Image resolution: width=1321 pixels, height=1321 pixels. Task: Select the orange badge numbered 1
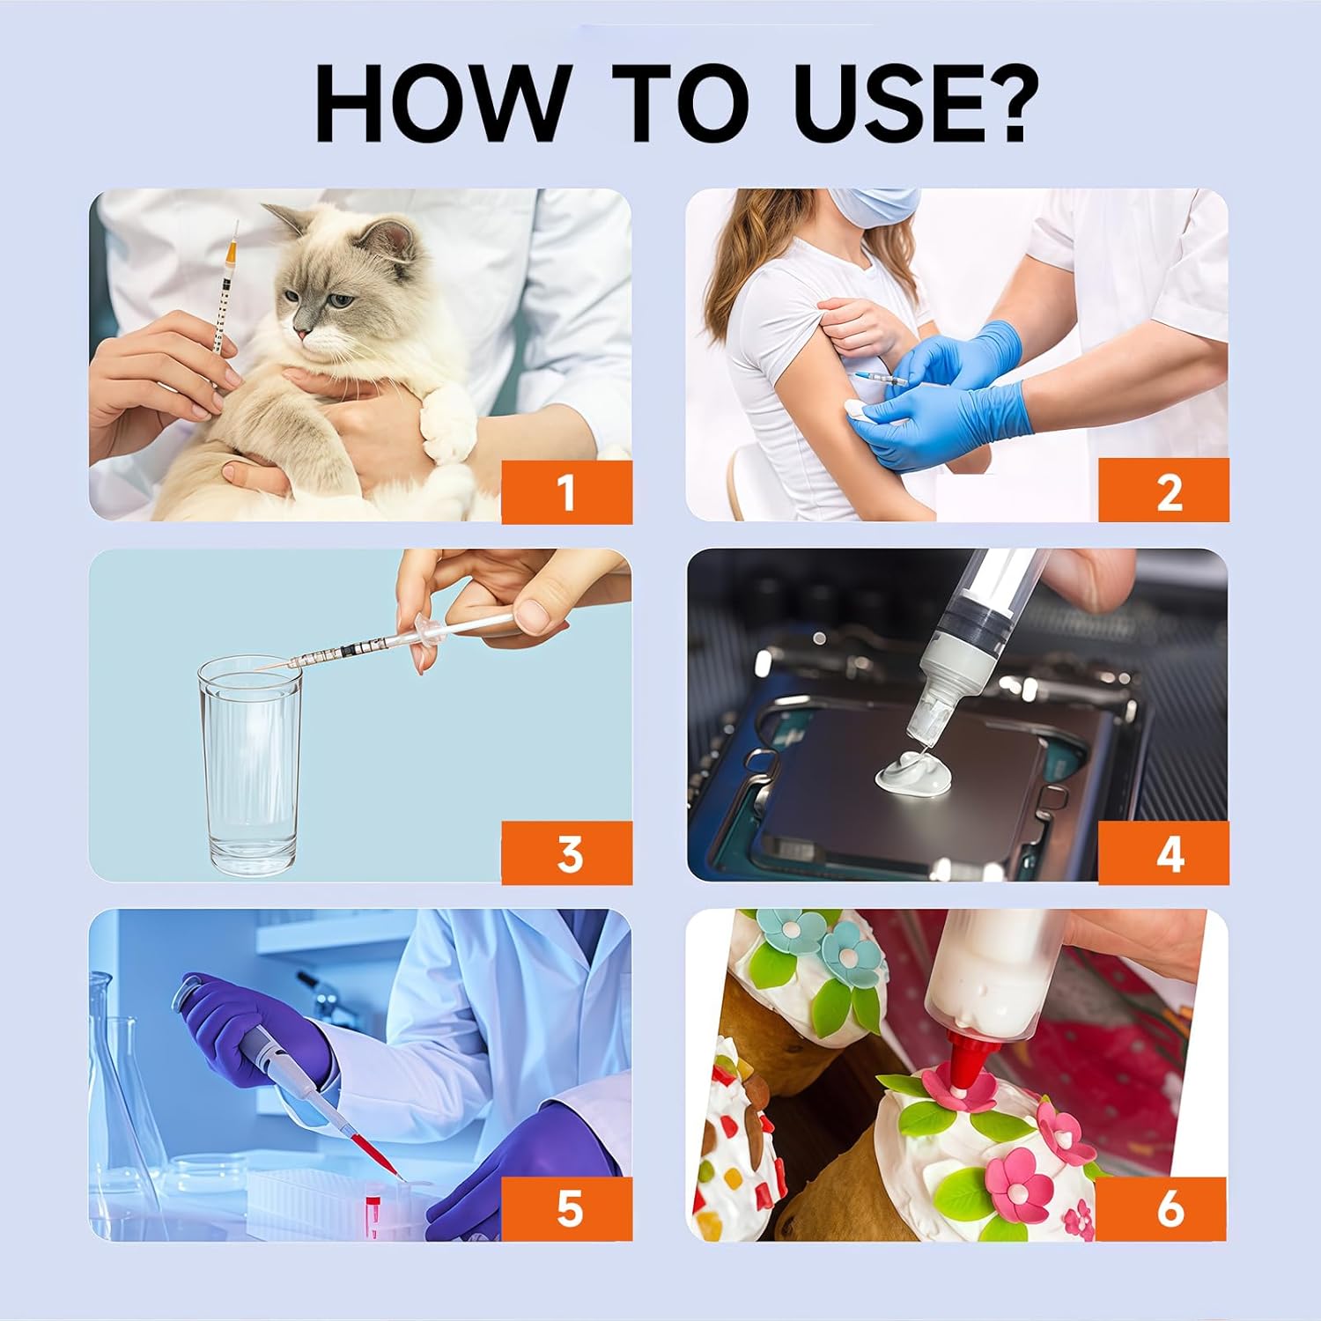click(567, 491)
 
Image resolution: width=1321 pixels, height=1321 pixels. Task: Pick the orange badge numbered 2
click(1163, 491)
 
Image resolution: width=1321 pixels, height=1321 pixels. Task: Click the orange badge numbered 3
click(567, 852)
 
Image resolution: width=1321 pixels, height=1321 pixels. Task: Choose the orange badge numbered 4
click(1163, 852)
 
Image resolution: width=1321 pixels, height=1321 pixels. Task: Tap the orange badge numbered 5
click(567, 1209)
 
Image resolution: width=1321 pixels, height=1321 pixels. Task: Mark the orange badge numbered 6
click(1163, 1209)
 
